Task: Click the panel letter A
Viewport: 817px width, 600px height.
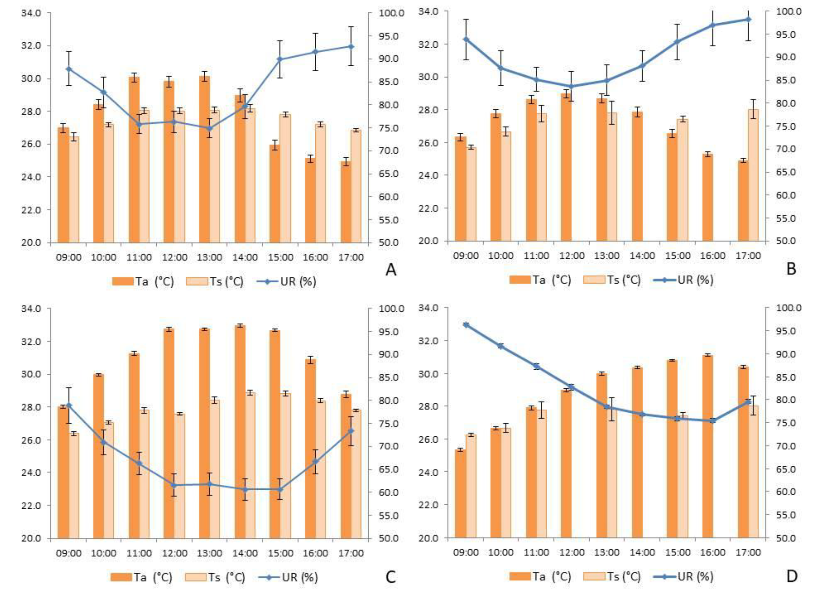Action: coord(391,270)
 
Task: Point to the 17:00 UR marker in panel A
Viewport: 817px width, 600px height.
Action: coord(351,46)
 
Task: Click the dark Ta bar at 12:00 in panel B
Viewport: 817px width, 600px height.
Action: coord(566,167)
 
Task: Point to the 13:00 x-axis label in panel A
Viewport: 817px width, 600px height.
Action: coord(209,257)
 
